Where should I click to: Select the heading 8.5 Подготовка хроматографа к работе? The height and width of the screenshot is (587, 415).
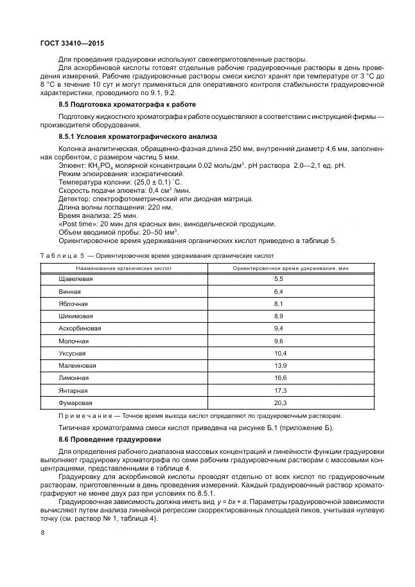[x=127, y=104]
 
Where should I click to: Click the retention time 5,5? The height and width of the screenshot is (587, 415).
[x=279, y=278]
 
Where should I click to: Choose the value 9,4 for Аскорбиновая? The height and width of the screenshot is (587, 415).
[x=279, y=328]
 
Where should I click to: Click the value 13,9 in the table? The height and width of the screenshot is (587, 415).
[x=280, y=365]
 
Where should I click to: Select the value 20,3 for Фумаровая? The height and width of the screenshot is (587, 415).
[x=280, y=402]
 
